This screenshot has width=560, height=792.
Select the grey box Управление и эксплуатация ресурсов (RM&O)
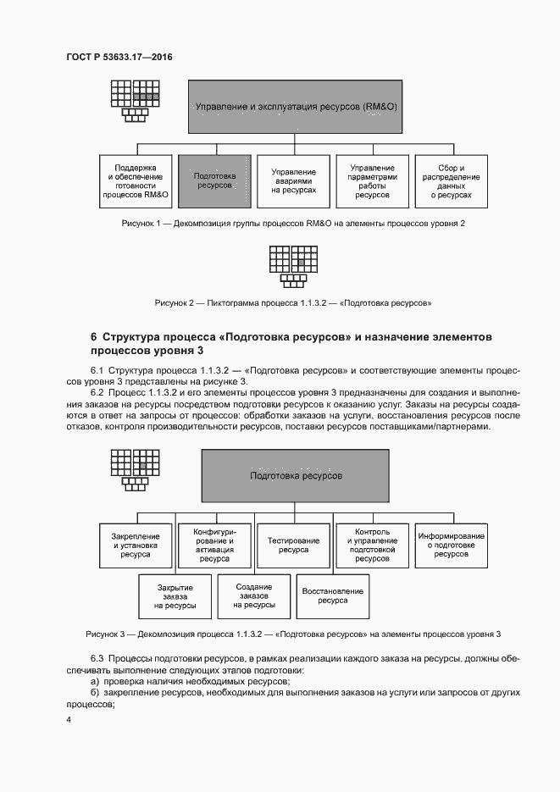coord(296,108)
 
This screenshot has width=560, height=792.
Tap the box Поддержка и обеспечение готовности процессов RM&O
coord(136,180)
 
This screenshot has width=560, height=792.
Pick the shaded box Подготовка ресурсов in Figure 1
coord(214,180)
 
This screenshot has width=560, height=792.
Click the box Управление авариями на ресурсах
coord(293,180)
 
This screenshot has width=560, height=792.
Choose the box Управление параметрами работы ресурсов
coord(372,180)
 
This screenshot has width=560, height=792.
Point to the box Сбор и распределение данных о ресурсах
coord(451,180)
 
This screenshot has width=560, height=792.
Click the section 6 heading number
coord(93,337)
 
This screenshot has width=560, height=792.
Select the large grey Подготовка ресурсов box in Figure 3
coord(296,477)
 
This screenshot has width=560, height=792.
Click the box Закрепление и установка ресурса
coord(136,542)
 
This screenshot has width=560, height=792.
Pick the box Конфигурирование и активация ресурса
coord(214,542)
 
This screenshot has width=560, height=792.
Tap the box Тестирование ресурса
coord(293,542)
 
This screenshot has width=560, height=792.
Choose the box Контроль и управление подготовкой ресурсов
coord(372,542)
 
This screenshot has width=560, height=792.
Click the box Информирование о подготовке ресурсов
coord(451,542)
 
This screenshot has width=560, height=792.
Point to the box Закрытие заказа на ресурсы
coord(175,596)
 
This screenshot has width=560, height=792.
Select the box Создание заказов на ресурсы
coord(253,596)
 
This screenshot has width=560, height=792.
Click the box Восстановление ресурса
coord(332,596)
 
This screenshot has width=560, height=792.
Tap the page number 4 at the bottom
coord(69,720)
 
